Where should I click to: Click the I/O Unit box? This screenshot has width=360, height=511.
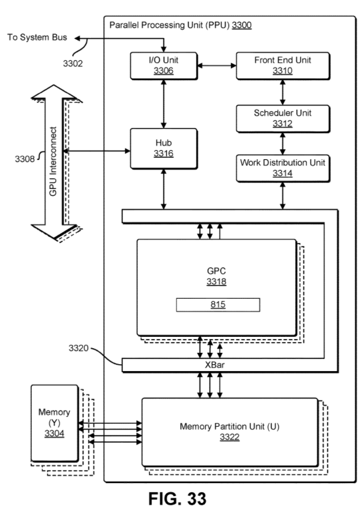tap(163, 65)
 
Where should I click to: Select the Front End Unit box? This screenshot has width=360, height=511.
tap(283, 65)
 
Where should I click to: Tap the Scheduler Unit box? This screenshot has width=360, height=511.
tap(283, 118)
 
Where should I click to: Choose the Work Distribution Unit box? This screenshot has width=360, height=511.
tap(283, 168)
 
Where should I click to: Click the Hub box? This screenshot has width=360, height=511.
tap(163, 148)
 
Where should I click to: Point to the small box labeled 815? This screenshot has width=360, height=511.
tap(217, 304)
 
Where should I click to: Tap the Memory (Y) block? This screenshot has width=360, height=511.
tap(54, 422)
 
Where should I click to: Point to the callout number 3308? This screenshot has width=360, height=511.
tap(24, 158)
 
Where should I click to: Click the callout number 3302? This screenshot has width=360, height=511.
tap(73, 63)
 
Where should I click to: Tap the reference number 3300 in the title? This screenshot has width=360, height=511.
tap(241, 25)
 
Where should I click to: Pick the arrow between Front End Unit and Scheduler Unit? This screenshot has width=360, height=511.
tap(283, 92)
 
